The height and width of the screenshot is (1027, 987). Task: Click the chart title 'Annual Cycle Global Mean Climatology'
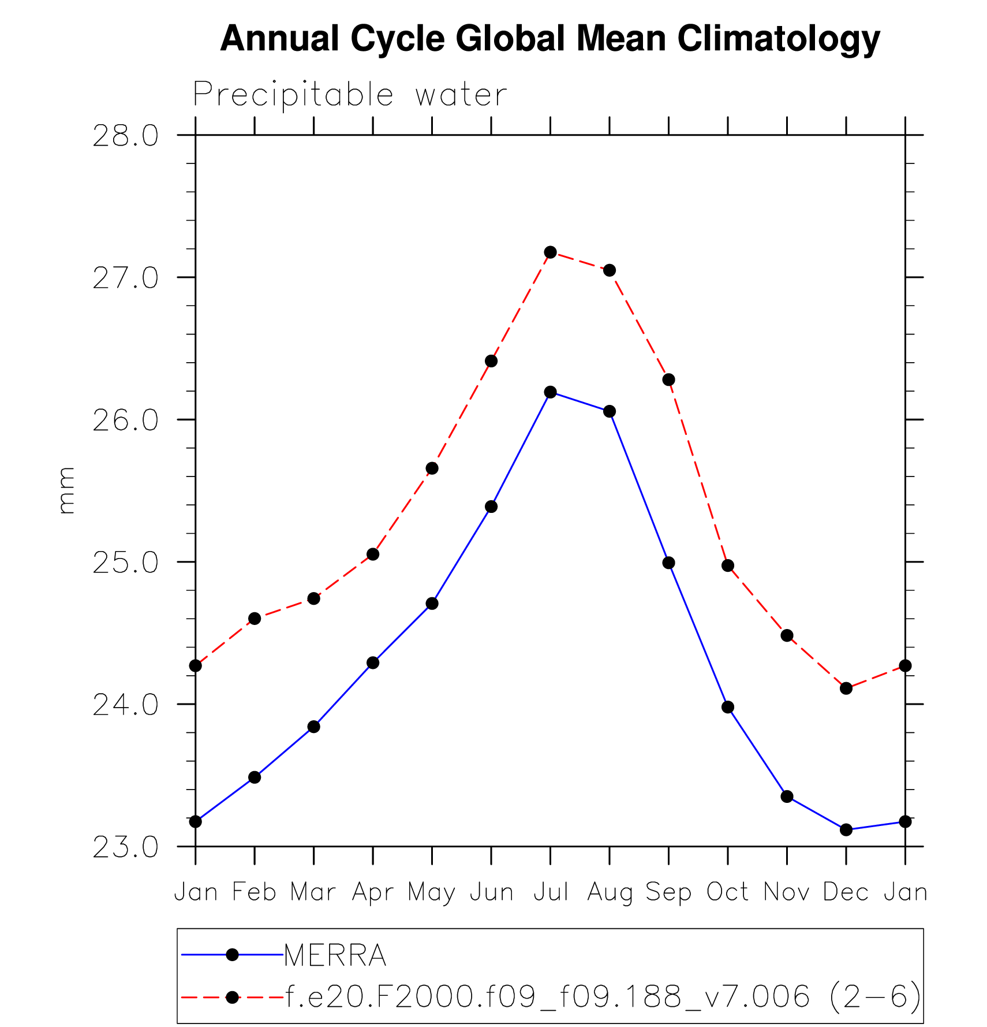(x=550, y=39)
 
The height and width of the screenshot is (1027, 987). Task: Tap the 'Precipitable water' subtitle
(x=350, y=95)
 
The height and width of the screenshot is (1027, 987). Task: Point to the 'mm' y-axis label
(x=66, y=490)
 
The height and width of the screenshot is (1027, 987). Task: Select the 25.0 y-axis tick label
(x=125, y=563)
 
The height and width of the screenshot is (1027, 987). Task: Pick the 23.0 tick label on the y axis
(x=125, y=847)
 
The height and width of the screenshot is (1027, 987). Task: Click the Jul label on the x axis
(x=551, y=892)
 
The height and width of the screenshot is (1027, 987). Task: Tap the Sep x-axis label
(x=668, y=893)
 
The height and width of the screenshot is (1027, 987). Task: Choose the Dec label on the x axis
(x=846, y=892)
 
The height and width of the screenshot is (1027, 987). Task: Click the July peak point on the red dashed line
(x=551, y=252)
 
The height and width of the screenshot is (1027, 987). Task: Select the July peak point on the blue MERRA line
(x=551, y=392)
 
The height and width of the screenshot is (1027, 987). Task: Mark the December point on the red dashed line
(x=846, y=688)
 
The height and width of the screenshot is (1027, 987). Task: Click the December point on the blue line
(x=846, y=829)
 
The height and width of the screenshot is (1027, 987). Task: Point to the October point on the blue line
(x=728, y=707)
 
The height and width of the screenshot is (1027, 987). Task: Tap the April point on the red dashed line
(x=373, y=554)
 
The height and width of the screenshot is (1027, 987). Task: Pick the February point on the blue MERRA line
(x=255, y=777)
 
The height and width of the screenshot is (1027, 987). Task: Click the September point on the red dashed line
(x=668, y=379)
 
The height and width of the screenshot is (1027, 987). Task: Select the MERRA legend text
(x=335, y=955)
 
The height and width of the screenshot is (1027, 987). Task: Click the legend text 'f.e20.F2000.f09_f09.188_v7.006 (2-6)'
(x=603, y=997)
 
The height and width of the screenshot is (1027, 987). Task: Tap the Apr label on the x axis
(x=373, y=893)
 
